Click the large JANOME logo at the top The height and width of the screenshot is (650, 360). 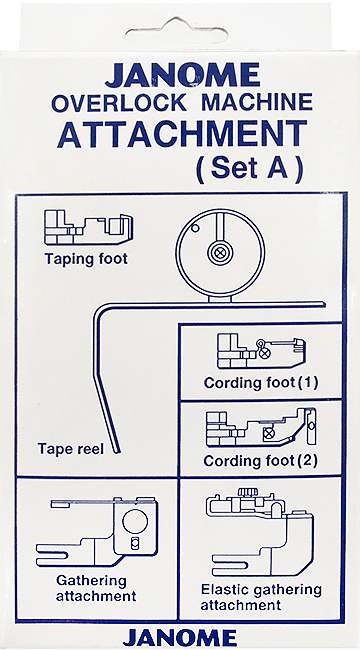point(182,76)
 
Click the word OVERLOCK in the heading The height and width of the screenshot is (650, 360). point(119,103)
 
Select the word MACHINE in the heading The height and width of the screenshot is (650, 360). point(256,103)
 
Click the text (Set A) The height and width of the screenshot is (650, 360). point(250,169)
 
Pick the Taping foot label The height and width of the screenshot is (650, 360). point(86,260)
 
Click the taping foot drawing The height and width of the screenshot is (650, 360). point(88,227)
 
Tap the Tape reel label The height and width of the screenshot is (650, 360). point(71,449)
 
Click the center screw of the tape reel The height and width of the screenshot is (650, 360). point(216,252)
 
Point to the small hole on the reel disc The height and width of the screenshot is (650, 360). point(195,227)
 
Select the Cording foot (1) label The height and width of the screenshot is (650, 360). point(261,383)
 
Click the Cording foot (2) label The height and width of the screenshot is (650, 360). point(260,461)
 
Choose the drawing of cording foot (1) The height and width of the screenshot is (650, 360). point(261,351)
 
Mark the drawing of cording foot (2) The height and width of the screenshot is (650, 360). point(261,428)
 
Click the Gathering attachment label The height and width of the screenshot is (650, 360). point(96,588)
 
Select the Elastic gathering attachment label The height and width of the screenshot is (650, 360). point(261,597)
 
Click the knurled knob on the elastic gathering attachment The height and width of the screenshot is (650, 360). point(246,492)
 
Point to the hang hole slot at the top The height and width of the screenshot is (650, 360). point(178,31)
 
